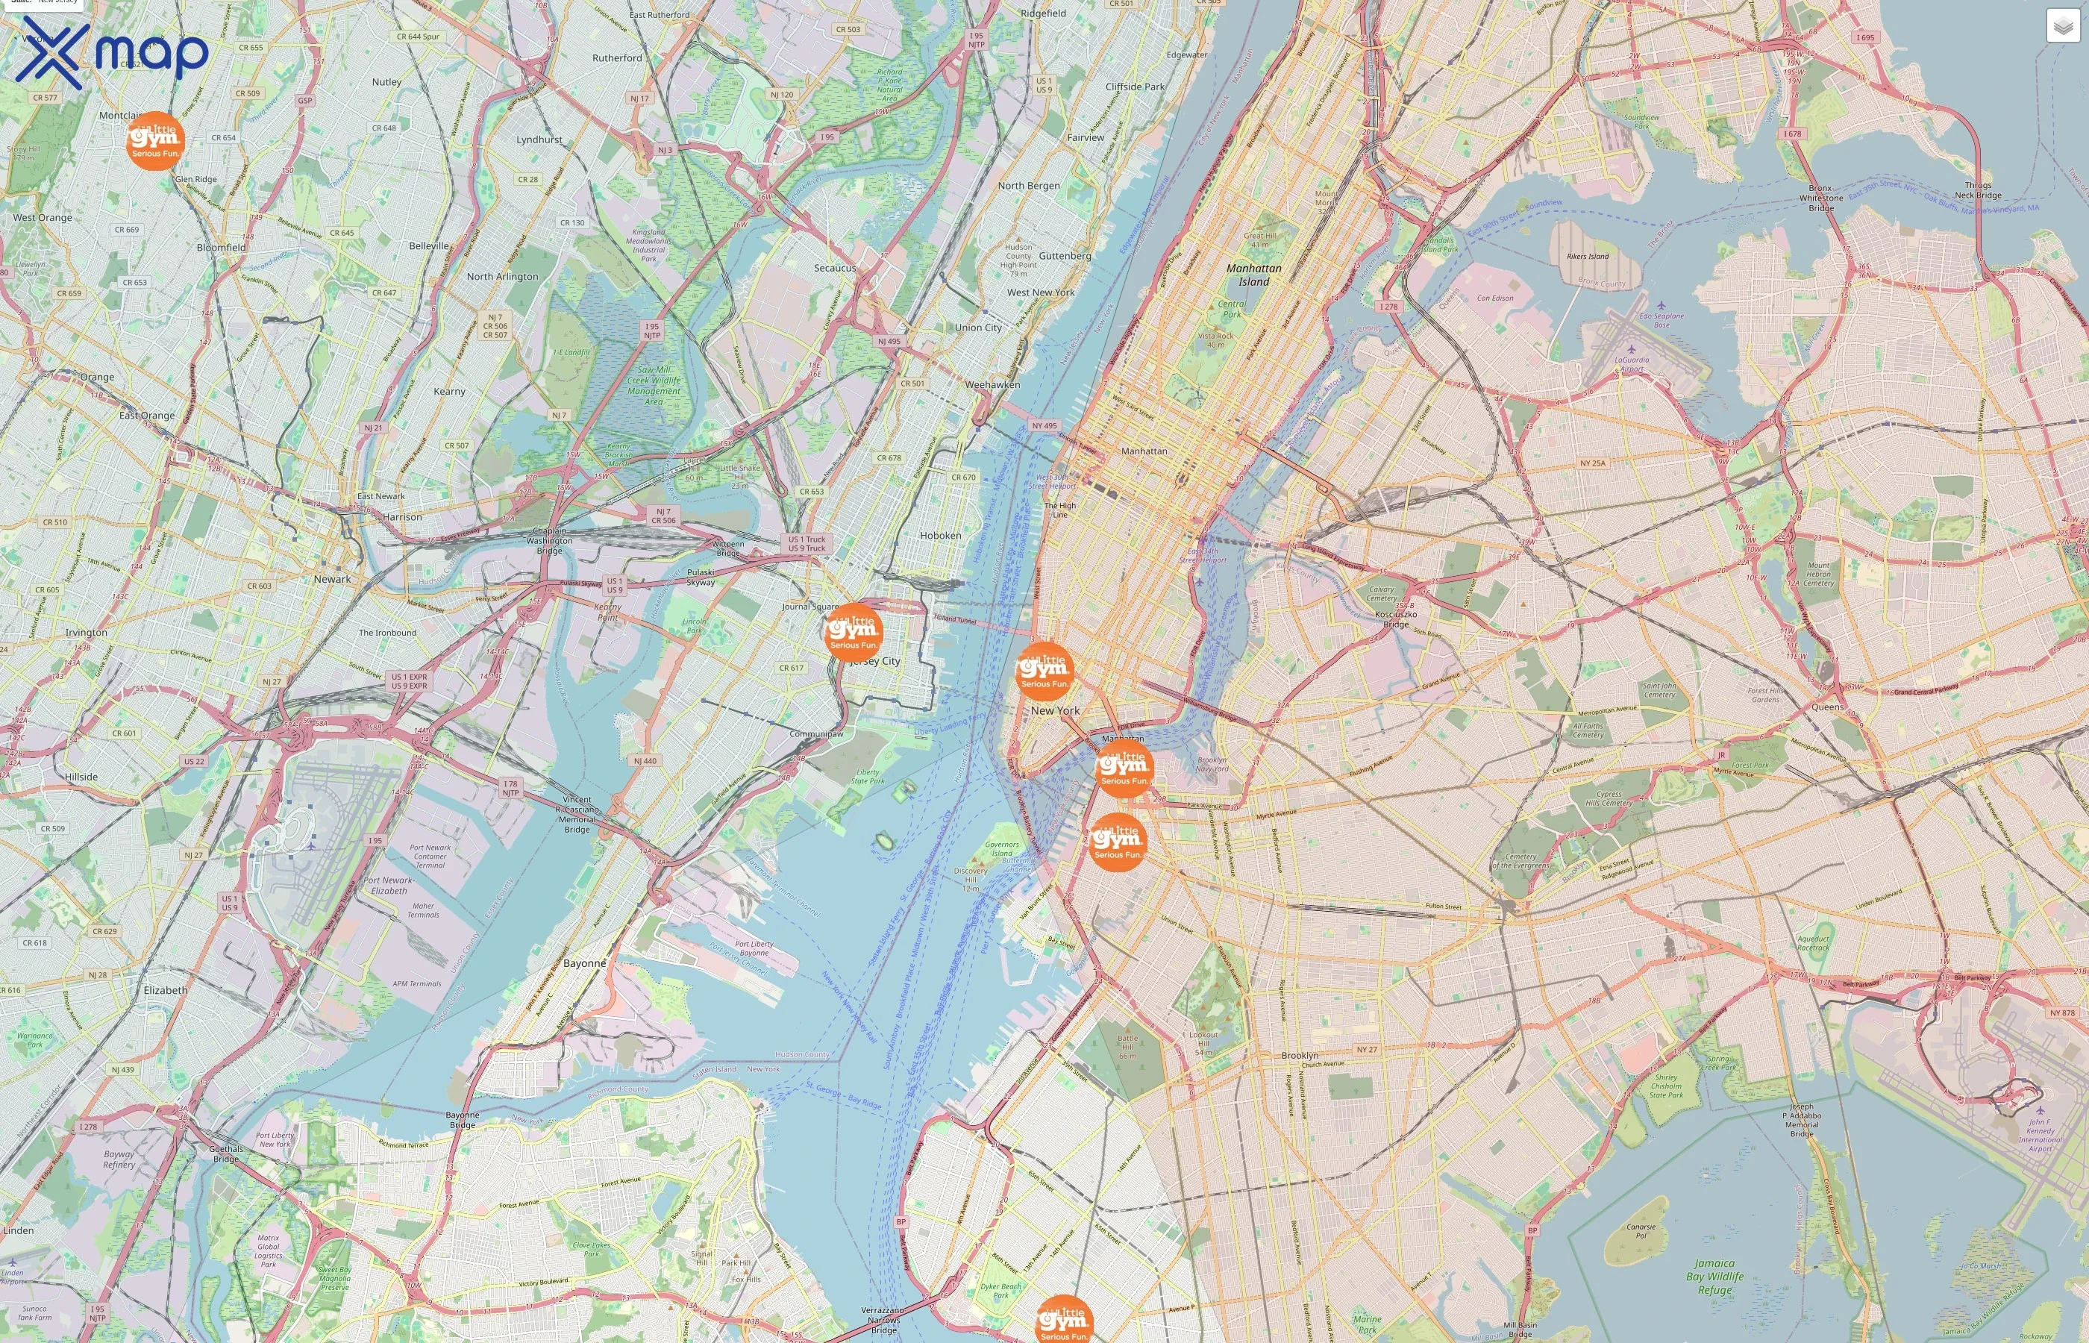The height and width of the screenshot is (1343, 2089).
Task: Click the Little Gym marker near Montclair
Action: point(155,140)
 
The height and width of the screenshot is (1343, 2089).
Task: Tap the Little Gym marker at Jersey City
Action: point(853,632)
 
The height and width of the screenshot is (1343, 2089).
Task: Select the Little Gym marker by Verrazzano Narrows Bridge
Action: point(1064,1322)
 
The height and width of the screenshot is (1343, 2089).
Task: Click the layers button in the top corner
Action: point(2062,26)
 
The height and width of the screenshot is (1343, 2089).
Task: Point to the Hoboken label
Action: point(940,536)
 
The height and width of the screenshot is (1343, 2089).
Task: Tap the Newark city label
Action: point(332,579)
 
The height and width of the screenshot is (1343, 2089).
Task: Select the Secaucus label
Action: point(834,268)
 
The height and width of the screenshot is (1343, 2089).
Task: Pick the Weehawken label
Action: point(992,384)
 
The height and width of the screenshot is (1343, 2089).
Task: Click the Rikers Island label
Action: point(1587,257)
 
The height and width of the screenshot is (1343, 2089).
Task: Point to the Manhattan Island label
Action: point(1253,275)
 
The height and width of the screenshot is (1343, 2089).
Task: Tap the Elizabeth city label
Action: point(166,990)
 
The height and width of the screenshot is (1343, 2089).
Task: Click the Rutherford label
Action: point(617,57)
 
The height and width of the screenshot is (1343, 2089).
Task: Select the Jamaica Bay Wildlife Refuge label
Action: point(1714,1276)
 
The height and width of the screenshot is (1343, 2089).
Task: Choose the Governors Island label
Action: point(1001,848)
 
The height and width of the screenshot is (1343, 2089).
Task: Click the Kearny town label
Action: point(449,392)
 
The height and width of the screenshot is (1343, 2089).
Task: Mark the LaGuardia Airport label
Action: point(1631,363)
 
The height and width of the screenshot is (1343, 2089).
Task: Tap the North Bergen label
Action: point(1029,186)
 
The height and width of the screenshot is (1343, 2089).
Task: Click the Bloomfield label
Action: point(221,248)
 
